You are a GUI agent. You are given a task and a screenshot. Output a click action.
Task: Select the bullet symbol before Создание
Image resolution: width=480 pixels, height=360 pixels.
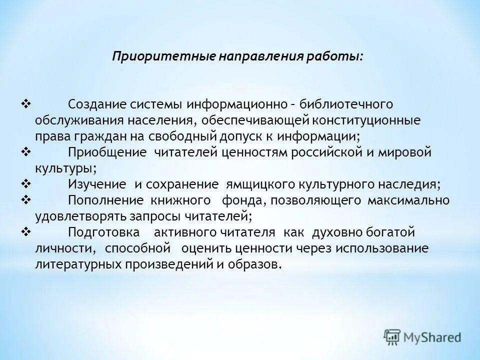pos(26,104)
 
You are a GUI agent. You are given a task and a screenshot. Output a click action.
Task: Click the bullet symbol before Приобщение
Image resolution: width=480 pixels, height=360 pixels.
pos(26,151)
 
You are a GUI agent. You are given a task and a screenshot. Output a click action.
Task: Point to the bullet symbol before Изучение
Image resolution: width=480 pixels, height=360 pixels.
pos(26,183)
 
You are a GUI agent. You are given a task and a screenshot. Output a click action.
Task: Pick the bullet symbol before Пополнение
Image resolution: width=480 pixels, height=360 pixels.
pos(26,199)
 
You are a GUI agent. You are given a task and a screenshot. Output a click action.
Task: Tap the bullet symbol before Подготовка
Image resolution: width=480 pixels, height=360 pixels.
pos(26,231)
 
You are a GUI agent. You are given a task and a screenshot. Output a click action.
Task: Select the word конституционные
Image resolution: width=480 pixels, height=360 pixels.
pos(368,120)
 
